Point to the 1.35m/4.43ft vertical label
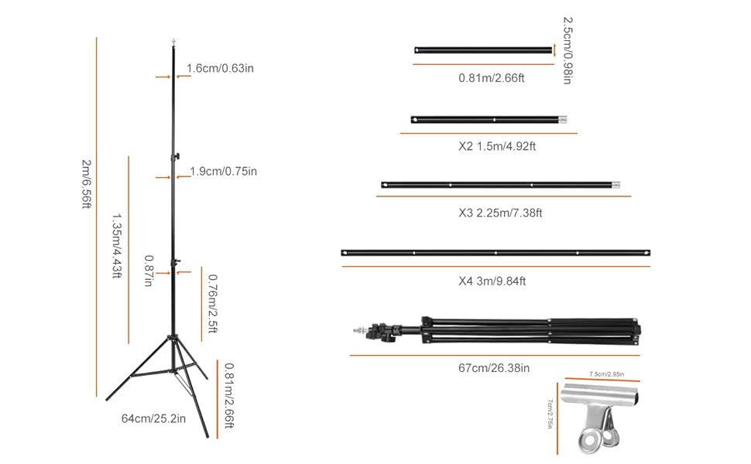pos(117,246)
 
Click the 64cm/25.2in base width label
pos(154,419)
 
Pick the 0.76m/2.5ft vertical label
pos(213,304)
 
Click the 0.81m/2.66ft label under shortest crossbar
pos(492,77)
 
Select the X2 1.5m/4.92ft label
pos(496,146)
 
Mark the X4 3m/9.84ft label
pos(492,281)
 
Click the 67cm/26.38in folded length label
pos(494,368)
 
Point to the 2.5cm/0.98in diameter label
pos(568,50)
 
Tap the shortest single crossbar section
pos(485,50)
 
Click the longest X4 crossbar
pos(496,253)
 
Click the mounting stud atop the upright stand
pos(172,40)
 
